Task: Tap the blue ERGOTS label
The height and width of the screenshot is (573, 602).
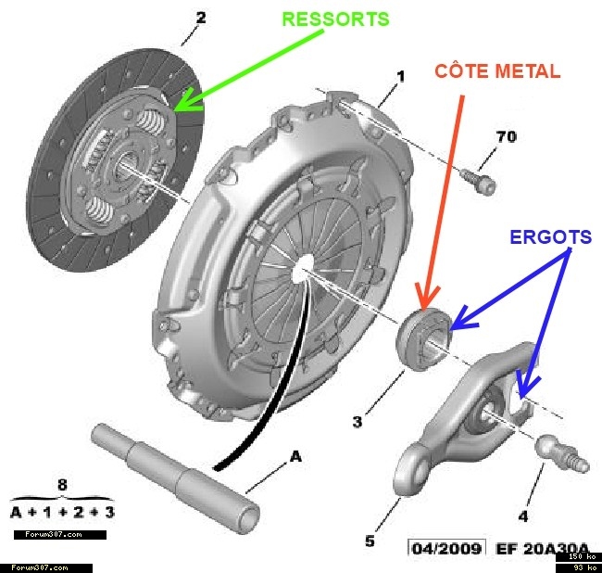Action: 550,237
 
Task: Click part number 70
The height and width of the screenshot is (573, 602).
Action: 506,137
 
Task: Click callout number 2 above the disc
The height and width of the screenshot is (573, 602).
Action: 201,17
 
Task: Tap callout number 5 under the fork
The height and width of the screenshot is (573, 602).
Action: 370,541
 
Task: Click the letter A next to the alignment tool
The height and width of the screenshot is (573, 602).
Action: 296,456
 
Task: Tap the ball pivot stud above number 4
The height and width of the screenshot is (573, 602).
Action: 555,453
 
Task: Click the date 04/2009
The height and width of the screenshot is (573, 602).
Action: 446,548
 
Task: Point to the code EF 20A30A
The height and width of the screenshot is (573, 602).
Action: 541,548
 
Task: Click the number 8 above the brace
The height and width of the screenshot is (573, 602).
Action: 63,483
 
